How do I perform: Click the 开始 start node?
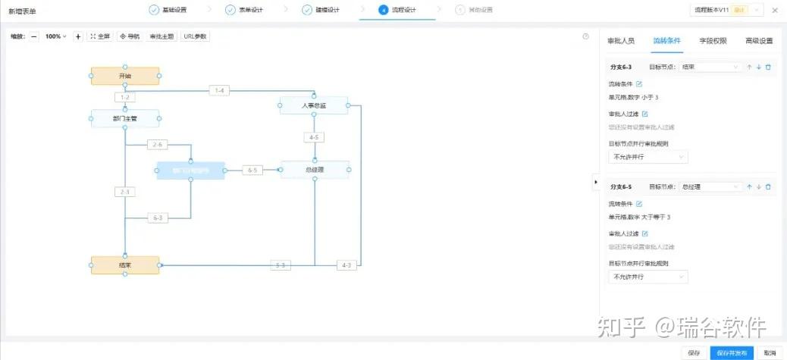click(125, 77)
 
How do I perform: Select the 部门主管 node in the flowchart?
click(125, 119)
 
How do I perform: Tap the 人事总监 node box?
click(314, 106)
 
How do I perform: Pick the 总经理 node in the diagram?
click(315, 170)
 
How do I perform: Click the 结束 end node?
click(125, 265)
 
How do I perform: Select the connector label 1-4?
click(220, 91)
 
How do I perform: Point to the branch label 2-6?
click(158, 144)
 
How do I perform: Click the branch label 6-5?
click(252, 171)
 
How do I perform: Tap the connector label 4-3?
click(346, 265)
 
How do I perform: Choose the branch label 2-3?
click(125, 192)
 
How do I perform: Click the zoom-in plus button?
click(78, 36)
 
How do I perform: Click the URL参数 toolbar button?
click(195, 36)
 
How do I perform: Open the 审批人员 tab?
click(622, 41)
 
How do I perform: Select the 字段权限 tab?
click(713, 41)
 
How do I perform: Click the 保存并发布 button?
click(732, 353)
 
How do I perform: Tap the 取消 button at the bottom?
click(770, 353)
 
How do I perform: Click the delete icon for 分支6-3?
click(768, 67)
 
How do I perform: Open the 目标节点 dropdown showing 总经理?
click(710, 186)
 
